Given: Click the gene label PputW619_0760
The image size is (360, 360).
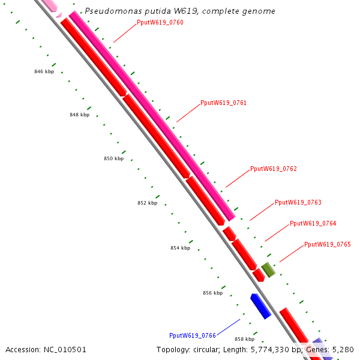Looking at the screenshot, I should coord(160,23).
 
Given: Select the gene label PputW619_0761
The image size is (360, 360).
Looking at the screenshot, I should coord(223,103).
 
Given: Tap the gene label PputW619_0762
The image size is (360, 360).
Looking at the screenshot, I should coord(273,169).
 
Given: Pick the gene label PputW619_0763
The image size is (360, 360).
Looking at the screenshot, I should coord(298,202).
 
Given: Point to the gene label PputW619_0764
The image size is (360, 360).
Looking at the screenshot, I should coord(313,223).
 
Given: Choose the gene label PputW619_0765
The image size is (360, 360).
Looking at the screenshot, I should coord(327,244).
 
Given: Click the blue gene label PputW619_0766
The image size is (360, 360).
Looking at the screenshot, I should coord(192,335).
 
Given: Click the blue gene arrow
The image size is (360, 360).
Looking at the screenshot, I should coord(260,306).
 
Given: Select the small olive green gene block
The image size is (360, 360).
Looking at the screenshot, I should coord(268,270).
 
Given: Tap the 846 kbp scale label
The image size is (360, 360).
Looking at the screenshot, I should coord(44,71).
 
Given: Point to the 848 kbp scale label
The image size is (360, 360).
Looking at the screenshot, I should coord(79,115).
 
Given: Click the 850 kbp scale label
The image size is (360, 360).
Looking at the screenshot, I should coord(113,158).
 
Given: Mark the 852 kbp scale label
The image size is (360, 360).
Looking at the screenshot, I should coord(147,203).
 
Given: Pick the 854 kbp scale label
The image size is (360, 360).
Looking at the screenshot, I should coord(180,248).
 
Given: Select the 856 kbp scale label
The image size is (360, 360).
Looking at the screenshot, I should coord(212,293).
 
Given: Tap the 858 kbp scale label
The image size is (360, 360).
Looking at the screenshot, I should coord(244,339).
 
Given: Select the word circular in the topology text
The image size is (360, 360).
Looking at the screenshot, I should coord(208,349).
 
